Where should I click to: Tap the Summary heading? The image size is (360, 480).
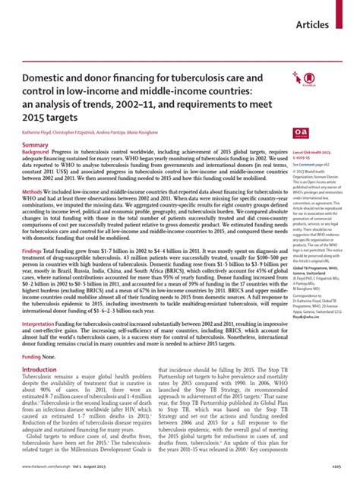click(x=35, y=144)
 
